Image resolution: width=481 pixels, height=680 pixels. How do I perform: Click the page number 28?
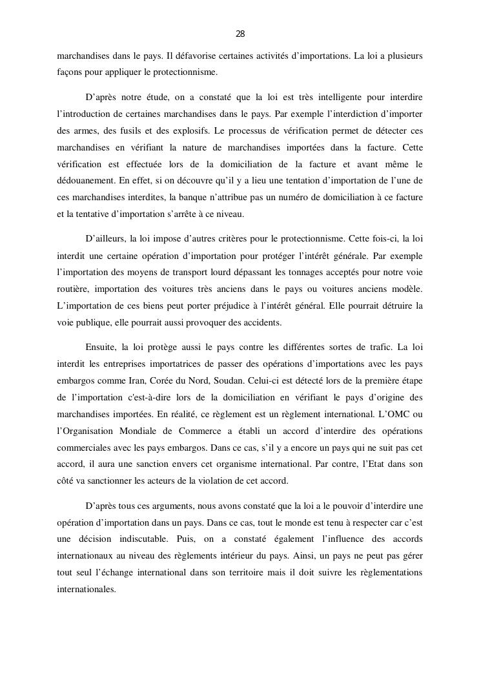click(240, 34)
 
